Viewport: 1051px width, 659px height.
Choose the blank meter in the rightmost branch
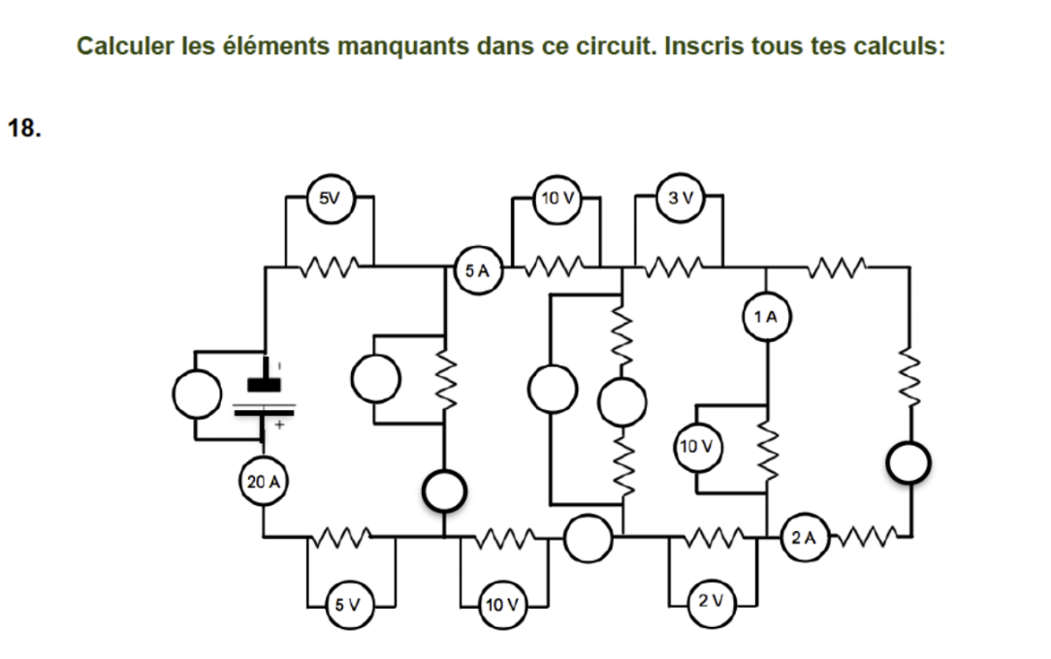[x=911, y=463]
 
